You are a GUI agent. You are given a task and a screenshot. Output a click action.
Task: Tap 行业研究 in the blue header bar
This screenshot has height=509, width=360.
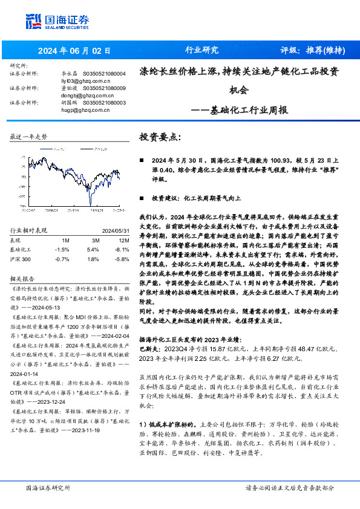201,50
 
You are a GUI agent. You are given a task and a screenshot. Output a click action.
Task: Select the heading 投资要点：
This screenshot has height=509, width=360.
160,137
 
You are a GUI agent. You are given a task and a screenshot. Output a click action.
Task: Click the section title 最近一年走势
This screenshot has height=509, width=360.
28,138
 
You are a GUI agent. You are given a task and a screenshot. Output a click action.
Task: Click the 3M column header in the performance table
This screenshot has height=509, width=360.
93,240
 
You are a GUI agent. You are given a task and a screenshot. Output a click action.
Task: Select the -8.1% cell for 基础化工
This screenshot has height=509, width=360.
122,249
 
